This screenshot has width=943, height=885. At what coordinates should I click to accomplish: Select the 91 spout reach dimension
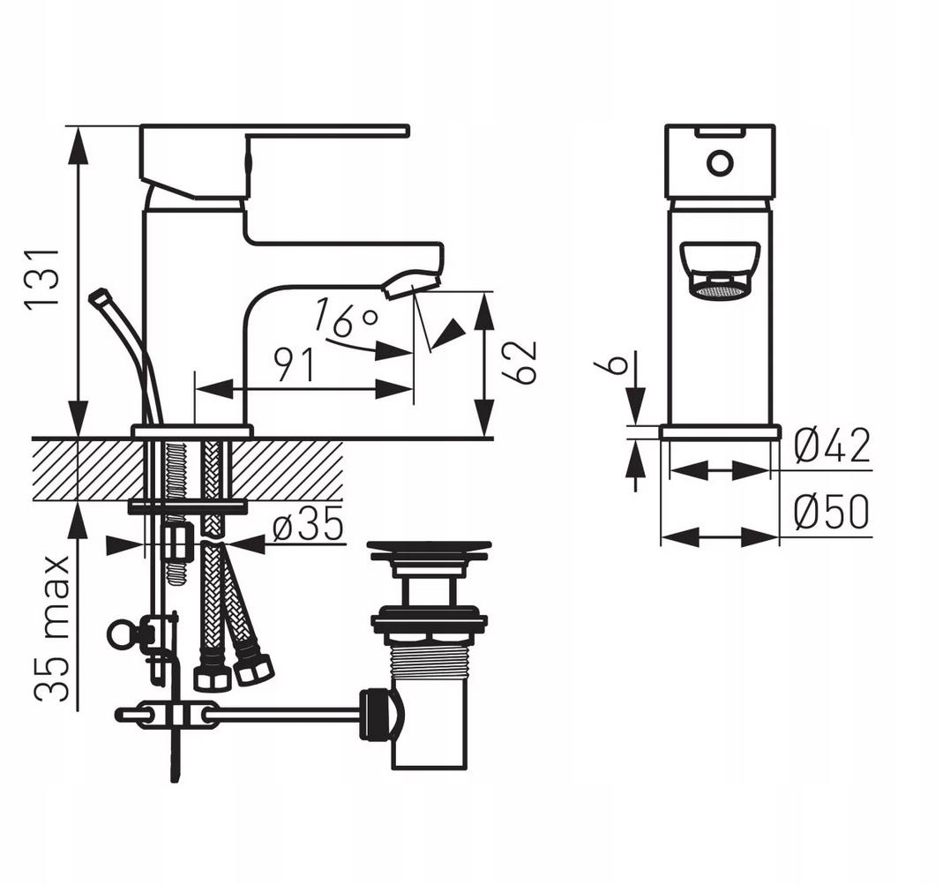pyautogui.click(x=294, y=365)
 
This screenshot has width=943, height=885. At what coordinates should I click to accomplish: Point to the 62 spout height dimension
pyautogui.click(x=519, y=362)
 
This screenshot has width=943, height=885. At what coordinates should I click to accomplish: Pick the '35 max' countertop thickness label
pyautogui.click(x=52, y=628)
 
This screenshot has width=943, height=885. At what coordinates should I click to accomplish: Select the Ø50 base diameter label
pyautogui.click(x=831, y=512)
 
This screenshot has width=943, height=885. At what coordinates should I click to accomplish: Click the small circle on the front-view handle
pyautogui.click(x=720, y=163)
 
